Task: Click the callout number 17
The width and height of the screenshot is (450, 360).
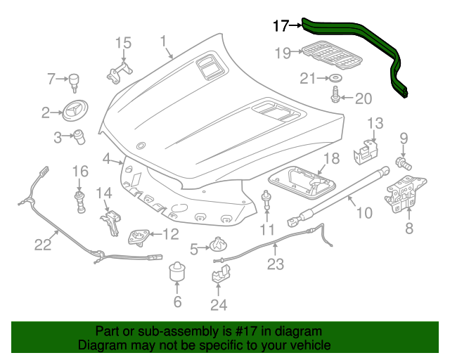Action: point(280,27)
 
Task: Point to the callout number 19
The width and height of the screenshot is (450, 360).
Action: point(283,53)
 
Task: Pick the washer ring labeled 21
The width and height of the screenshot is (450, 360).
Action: point(335,77)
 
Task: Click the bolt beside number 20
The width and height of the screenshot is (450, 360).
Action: point(336,94)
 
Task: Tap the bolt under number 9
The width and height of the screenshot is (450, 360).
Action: point(404,164)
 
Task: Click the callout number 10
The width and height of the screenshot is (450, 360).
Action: point(363,211)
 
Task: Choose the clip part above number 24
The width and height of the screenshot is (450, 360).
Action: point(221,271)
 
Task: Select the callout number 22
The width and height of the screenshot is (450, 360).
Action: point(43,245)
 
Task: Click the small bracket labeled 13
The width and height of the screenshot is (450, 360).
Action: point(367,148)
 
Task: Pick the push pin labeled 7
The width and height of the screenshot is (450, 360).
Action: point(73,82)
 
